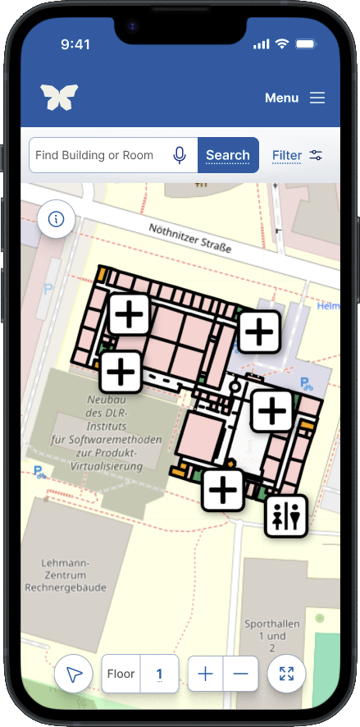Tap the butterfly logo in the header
tap(59, 98)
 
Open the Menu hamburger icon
tap(317, 98)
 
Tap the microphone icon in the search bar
tap(180, 155)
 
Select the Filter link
tap(287, 155)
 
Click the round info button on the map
tap(57, 219)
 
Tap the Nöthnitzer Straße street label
tap(190, 238)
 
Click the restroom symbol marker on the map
tap(286, 515)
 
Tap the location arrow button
tap(74, 674)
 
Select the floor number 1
tap(160, 674)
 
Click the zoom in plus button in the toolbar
tap(206, 674)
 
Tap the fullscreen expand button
tap(286, 674)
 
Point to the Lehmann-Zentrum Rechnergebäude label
tap(65, 575)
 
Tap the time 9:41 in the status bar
tap(75, 44)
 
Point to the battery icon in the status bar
tap(306, 43)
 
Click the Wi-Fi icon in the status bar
tap(282, 43)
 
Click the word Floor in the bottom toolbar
tap(121, 674)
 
